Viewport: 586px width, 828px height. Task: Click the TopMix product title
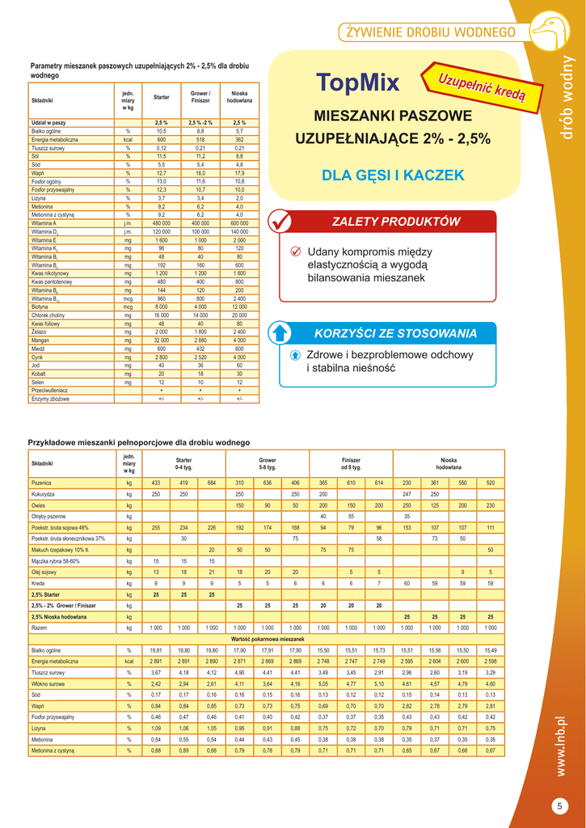(358, 82)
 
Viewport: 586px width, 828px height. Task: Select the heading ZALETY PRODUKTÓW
(396, 222)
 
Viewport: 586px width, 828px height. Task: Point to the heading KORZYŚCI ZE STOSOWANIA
(395, 333)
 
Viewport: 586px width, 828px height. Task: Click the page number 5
(559, 805)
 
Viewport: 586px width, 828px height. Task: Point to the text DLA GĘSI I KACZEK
(393, 175)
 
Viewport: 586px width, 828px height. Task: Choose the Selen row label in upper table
(39, 382)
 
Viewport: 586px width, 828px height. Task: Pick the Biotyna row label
(40, 306)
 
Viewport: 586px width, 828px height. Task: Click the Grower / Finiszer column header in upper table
(200, 97)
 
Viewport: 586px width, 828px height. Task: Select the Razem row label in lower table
(40, 627)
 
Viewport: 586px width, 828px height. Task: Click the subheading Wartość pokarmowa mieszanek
(266, 639)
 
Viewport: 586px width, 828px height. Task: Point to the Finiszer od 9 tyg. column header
(351, 463)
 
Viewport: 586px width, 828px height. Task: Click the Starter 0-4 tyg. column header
(183, 463)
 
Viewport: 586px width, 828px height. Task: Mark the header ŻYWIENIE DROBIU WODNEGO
(430, 32)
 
